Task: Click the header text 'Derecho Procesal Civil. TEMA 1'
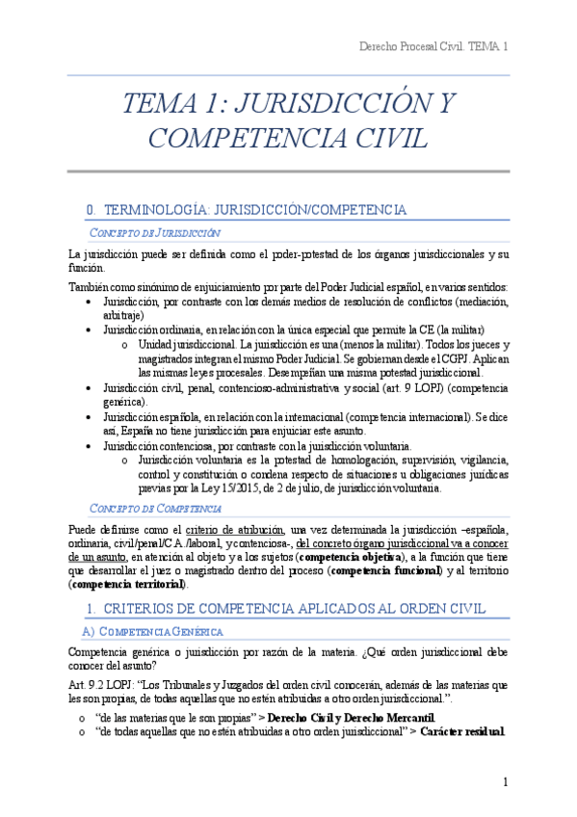pyautogui.click(x=433, y=46)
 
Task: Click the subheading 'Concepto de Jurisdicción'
pyautogui.click(x=154, y=233)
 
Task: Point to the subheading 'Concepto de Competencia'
pyautogui.click(x=155, y=508)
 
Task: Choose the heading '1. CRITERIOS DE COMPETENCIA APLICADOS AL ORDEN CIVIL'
pyautogui.click(x=286, y=609)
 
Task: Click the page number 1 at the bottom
pyautogui.click(x=505, y=781)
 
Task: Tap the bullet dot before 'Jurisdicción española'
pyautogui.click(x=90, y=417)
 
